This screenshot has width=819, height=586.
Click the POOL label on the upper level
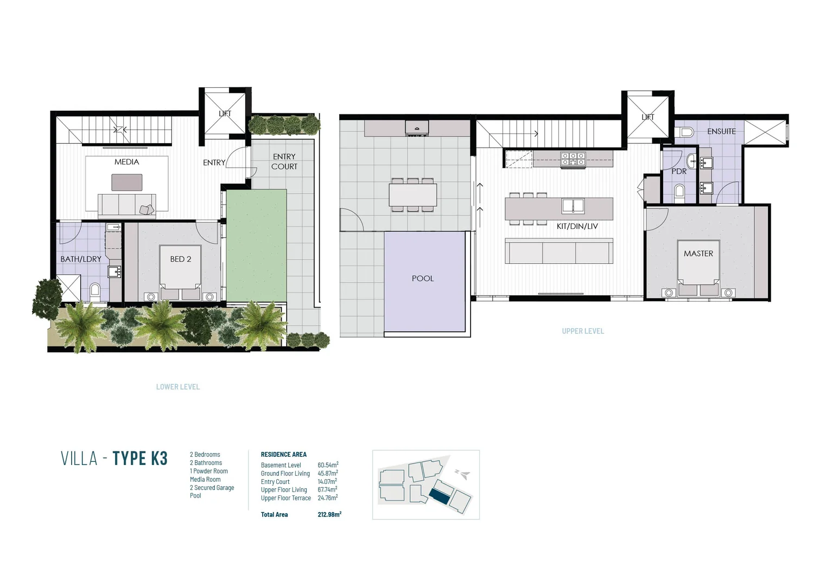[x=423, y=278]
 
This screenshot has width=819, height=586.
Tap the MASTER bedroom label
[x=699, y=253]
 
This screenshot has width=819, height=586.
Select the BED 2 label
[x=181, y=259]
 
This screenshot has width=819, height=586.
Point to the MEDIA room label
[x=126, y=162]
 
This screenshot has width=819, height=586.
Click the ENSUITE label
[x=721, y=131]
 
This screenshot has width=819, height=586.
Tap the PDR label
[x=679, y=171]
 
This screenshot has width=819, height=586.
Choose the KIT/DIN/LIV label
[x=577, y=226]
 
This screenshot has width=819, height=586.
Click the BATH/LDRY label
[x=81, y=259]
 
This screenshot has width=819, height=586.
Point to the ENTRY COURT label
[x=284, y=162]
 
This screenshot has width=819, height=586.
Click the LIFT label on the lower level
[x=225, y=113]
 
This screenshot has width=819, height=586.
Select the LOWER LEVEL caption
[x=178, y=387]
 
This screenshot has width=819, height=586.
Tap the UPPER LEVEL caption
[x=583, y=331]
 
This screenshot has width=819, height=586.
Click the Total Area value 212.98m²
[x=329, y=514]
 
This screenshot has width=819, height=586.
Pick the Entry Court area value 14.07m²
[x=327, y=481]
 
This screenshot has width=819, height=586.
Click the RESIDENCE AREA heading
[x=283, y=455]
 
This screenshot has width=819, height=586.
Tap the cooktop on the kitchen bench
[x=573, y=158]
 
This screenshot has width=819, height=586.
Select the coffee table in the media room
[x=127, y=182]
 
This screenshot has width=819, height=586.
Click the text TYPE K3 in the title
[x=140, y=458]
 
